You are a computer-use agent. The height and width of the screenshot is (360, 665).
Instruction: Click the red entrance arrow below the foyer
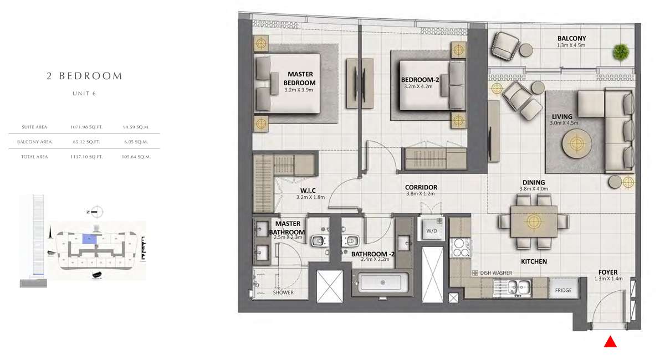pos(610,342)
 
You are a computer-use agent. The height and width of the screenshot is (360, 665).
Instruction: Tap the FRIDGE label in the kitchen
pos(563,290)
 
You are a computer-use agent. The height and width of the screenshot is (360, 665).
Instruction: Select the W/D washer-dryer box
pos(431,229)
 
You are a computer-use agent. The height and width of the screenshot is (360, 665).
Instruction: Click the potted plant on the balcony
pos(621,52)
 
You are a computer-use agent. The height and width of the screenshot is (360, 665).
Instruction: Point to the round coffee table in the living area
pos(576,143)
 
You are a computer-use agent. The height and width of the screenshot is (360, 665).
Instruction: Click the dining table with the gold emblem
pos(534,221)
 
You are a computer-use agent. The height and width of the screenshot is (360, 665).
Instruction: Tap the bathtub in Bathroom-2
pos(383,283)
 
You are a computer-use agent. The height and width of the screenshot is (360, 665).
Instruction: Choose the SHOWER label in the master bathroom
pos(283,292)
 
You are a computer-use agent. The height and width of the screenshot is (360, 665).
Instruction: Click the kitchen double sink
pos(513,287)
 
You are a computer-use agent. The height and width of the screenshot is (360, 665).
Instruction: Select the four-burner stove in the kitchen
pos(459,248)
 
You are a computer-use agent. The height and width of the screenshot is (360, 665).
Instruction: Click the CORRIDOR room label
pos(421,187)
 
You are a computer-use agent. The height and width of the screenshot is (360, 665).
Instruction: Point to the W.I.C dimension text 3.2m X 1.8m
pos(310,197)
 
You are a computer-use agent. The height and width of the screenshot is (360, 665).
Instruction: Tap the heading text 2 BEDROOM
pos(84,76)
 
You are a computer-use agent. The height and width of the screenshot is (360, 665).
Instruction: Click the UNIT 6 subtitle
pos(84,94)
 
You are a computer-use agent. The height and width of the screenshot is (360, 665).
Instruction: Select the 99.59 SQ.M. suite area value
pos(136,127)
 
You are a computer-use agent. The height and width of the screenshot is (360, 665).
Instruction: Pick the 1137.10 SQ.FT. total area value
pos(86,157)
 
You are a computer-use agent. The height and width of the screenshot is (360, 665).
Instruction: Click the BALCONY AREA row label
pos(34,142)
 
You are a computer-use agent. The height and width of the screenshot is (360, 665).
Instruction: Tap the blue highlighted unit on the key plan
pos(89,239)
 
